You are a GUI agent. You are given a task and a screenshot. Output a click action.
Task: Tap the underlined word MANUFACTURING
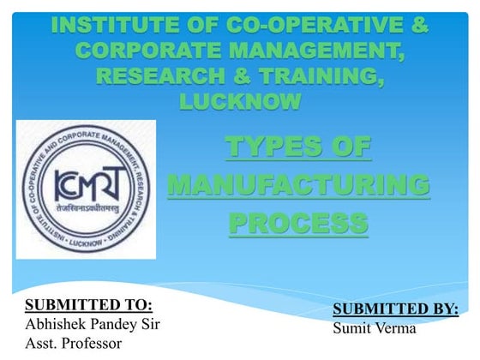pos(298,184)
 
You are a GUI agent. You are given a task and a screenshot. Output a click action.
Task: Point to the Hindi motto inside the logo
pos(86,208)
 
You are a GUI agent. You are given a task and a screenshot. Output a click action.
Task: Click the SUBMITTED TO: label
pos(89,305)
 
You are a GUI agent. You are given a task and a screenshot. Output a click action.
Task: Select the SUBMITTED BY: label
pos(395,309)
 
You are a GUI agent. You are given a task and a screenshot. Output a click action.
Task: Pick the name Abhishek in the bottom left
pos(55,324)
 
